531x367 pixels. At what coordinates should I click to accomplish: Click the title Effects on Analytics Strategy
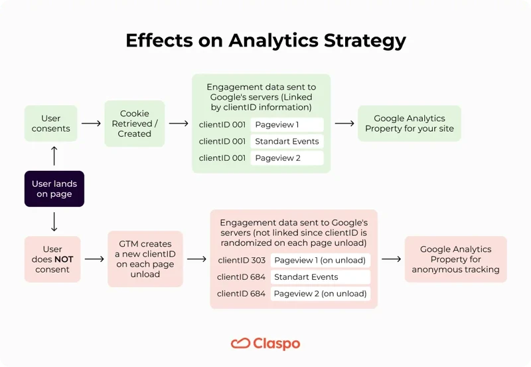(265, 41)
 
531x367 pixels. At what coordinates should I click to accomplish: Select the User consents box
(51, 124)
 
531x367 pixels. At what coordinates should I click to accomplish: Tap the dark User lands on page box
(54, 189)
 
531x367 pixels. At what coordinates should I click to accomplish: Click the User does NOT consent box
(52, 259)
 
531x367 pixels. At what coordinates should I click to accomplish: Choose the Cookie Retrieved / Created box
(134, 124)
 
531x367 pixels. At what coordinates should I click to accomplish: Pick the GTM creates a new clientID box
(145, 259)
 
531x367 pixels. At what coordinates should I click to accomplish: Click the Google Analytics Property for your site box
(409, 124)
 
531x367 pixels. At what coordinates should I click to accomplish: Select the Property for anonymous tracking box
(455, 259)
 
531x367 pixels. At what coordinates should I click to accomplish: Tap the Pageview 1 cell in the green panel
(287, 125)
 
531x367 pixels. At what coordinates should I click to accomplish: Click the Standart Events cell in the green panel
(287, 142)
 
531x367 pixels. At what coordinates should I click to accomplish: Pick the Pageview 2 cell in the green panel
(287, 158)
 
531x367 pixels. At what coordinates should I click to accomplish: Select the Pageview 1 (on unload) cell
(320, 260)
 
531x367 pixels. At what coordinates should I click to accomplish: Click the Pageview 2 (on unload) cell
(320, 293)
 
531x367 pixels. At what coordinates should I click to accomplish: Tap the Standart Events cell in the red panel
(320, 277)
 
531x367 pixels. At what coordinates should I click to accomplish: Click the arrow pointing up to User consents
(54, 156)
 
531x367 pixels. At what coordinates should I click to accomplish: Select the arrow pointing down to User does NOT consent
(54, 221)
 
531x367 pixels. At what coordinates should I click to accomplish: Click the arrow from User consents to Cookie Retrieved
(91, 124)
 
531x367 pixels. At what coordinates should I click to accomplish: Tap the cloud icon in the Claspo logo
(240, 344)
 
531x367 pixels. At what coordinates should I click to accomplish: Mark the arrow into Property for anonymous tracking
(392, 259)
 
